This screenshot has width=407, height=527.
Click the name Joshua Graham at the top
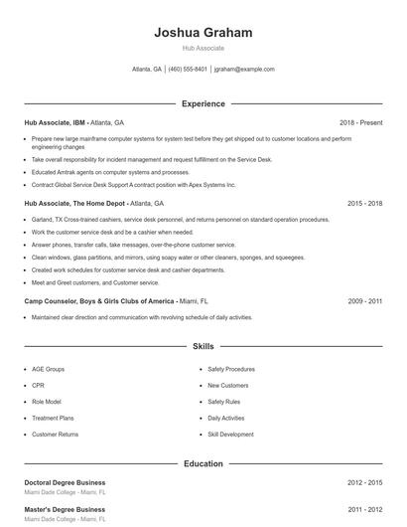[203, 32]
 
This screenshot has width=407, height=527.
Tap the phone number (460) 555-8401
[188, 70]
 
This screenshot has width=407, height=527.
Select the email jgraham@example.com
[244, 70]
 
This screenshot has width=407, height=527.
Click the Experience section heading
[203, 103]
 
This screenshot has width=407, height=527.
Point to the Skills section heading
[203, 347]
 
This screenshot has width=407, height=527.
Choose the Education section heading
[203, 463]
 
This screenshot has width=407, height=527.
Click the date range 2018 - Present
[360, 122]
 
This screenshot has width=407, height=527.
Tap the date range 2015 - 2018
[365, 203]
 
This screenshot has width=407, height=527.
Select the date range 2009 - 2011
[365, 300]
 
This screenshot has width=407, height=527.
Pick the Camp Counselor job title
[98, 300]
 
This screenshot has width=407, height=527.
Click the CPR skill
[38, 386]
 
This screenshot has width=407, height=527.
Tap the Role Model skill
[46, 402]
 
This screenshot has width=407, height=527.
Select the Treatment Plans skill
[53, 418]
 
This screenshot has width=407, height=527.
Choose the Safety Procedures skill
[231, 369]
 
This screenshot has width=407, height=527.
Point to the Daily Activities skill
[225, 418]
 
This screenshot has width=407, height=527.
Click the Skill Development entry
[230, 435]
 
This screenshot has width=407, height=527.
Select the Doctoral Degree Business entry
[65, 482]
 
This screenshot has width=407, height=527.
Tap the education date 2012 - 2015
[365, 482]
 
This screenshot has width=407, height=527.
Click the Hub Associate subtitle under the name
[203, 48]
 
